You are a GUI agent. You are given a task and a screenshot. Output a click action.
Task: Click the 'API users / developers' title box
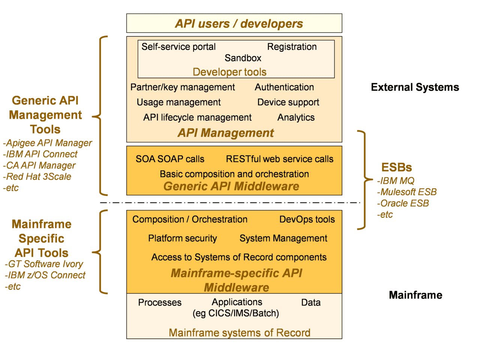234,23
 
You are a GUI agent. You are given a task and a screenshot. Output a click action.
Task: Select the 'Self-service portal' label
178,47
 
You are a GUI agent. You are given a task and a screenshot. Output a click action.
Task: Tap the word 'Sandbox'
243,58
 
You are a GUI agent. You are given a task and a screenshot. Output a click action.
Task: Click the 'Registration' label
292,47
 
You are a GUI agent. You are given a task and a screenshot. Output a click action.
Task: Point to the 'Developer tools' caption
229,72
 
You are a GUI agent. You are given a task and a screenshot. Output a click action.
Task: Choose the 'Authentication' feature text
284,87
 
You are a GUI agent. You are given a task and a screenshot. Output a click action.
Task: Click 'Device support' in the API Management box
288,102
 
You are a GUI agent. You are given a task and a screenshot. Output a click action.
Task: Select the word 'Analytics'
296,118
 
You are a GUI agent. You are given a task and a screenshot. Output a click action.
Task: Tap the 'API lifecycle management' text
197,118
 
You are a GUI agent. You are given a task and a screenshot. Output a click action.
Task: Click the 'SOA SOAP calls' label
170,159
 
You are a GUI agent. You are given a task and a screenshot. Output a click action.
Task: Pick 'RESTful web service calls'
279,159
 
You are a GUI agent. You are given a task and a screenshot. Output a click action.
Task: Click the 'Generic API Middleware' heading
231,186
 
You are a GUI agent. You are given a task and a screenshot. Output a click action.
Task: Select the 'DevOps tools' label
307,219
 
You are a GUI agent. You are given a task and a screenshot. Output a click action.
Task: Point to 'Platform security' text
182,238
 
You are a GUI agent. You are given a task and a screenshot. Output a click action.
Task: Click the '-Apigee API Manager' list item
48,143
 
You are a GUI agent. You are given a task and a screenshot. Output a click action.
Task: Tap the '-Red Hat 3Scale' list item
37,177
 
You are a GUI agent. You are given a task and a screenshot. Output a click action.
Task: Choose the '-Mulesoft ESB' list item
407,192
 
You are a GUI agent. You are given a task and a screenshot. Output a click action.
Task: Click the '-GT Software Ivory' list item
44,264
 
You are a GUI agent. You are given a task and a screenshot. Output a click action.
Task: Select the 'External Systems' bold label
415,87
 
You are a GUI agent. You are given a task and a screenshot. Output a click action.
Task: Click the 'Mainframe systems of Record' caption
239,333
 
